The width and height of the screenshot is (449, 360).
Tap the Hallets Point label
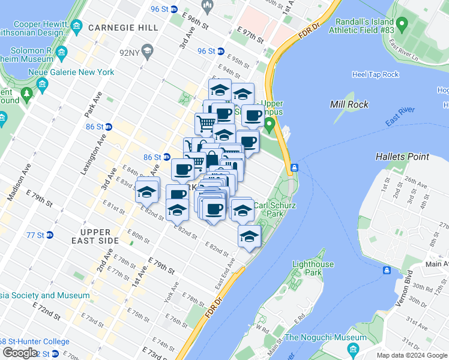click(402, 157)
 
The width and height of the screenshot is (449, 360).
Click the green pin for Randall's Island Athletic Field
click(402, 25)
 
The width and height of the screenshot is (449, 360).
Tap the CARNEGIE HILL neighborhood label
click(123, 28)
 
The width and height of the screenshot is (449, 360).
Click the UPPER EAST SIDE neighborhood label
click(95, 236)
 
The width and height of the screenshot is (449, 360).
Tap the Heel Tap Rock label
click(375, 74)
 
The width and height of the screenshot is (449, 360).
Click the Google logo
click(20, 353)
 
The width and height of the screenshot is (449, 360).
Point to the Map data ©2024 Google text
click(411, 355)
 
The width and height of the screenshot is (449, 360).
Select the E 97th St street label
click(251, 35)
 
